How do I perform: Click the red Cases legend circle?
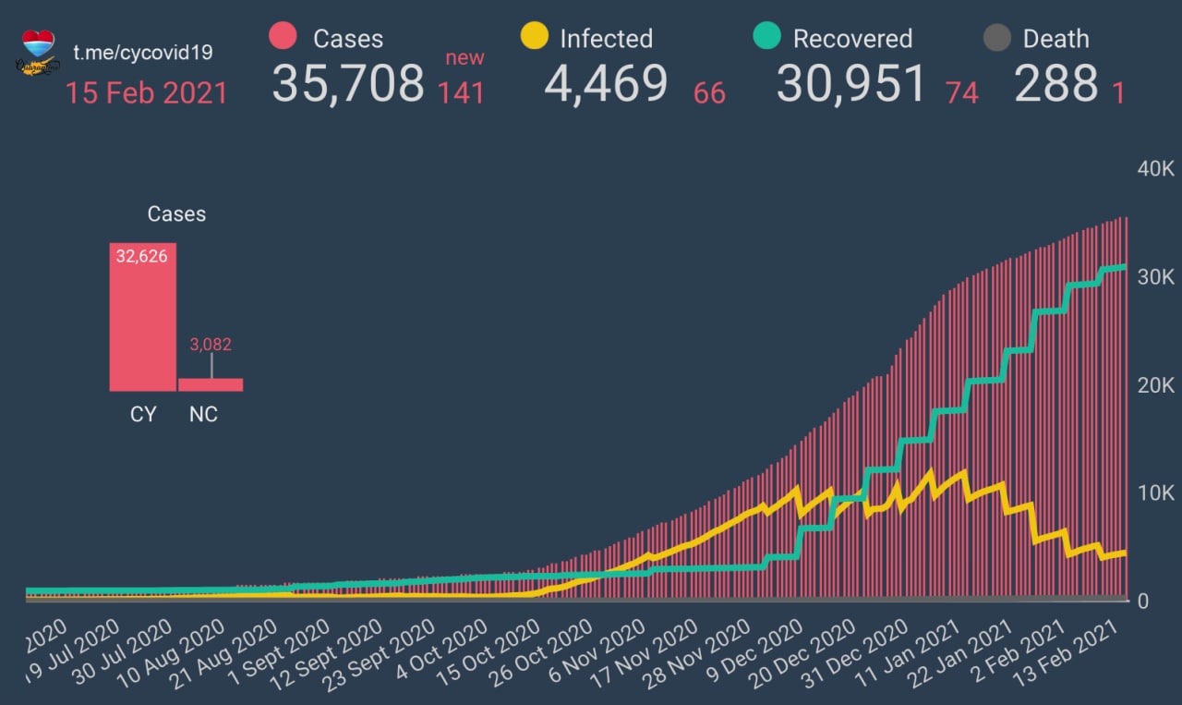(283, 37)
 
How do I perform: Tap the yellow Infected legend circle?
(535, 37)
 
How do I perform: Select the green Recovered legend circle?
(766, 37)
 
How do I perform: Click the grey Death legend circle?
(996, 38)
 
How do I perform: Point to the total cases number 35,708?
(348, 84)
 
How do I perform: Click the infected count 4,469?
(606, 84)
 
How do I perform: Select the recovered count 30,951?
(850, 84)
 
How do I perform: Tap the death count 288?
(1056, 84)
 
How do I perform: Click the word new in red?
(464, 58)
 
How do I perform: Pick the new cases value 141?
(461, 92)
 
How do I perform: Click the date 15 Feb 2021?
(146, 92)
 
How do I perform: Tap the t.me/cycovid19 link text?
(143, 52)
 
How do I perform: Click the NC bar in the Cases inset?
(211, 384)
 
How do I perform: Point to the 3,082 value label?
(211, 345)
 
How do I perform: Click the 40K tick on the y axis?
(1154, 170)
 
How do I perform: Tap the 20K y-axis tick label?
(1154, 385)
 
